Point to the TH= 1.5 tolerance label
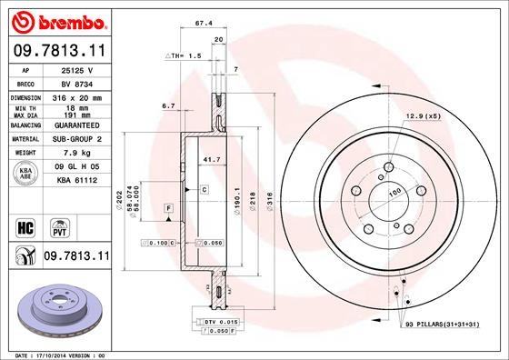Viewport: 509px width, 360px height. click(183, 56)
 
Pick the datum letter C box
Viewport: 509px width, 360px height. click(205, 190)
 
